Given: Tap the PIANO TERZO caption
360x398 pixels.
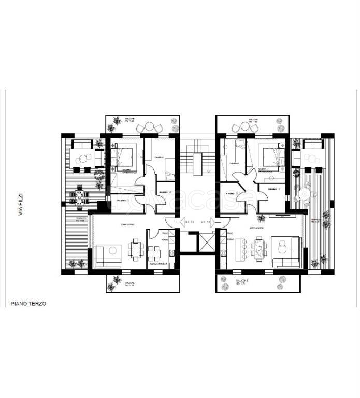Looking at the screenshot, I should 29,304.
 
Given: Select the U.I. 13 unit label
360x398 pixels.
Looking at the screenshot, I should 190,222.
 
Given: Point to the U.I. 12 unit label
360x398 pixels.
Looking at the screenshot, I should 206,222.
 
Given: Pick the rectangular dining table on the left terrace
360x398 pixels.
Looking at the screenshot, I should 80,196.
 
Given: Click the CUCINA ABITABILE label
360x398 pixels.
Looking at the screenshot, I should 159,265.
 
